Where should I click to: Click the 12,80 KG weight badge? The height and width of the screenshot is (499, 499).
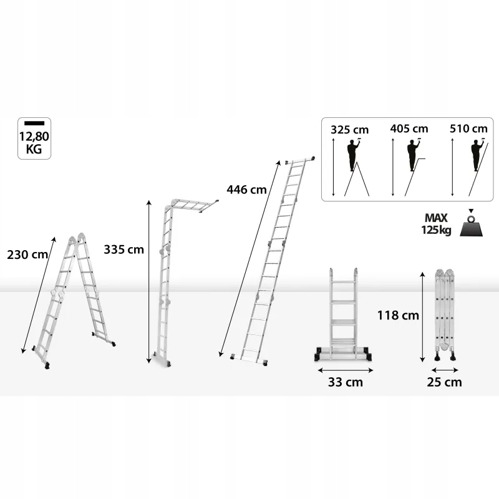point(34,138)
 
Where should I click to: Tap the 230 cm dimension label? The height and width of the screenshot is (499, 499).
point(27,254)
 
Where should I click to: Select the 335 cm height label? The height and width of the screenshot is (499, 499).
point(124,249)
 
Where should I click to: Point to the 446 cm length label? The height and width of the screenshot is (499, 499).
point(246,190)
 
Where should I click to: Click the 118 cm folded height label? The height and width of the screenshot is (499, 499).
point(398,316)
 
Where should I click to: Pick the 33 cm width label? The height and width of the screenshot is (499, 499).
point(346,382)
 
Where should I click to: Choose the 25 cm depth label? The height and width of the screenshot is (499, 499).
point(444,382)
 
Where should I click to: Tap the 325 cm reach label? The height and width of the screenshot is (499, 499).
point(349,130)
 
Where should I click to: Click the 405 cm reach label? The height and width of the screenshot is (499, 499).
point(409,128)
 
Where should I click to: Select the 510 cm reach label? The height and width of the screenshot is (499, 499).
point(468,128)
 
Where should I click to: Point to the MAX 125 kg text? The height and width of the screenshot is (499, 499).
point(436,224)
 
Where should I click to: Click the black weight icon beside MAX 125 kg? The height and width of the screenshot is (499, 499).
point(471,225)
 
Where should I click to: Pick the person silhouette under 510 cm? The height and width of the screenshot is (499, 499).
point(477,155)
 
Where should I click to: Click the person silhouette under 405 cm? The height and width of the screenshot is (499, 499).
point(413,155)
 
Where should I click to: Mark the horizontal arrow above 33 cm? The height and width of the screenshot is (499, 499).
point(346,370)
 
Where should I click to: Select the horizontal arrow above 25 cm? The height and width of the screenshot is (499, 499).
point(445,370)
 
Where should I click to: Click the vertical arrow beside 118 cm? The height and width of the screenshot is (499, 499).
point(423,317)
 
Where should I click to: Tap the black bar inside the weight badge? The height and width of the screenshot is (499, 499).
point(34,123)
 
